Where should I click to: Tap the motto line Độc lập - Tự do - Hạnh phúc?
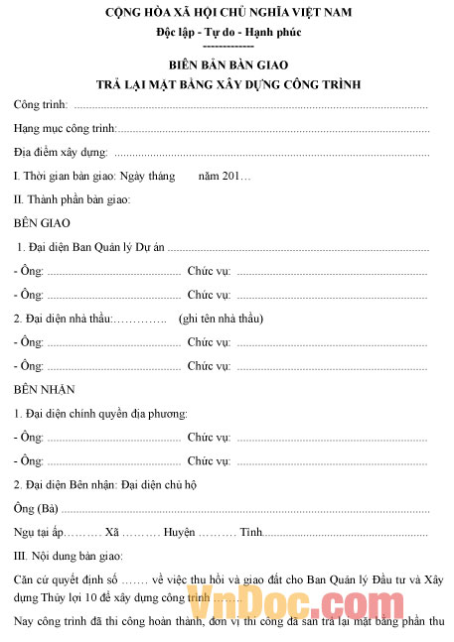tap(227, 32)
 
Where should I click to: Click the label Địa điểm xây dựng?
tap(61, 152)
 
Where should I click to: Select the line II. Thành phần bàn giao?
tap(72, 199)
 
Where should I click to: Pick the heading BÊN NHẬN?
tap(45, 389)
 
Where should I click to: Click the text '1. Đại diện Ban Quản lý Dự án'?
tap(90, 247)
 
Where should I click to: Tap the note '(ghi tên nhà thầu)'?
tap(221, 318)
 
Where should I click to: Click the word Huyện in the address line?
tap(180, 533)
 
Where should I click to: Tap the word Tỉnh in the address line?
tap(250, 533)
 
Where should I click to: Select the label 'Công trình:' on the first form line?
tap(41, 104)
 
